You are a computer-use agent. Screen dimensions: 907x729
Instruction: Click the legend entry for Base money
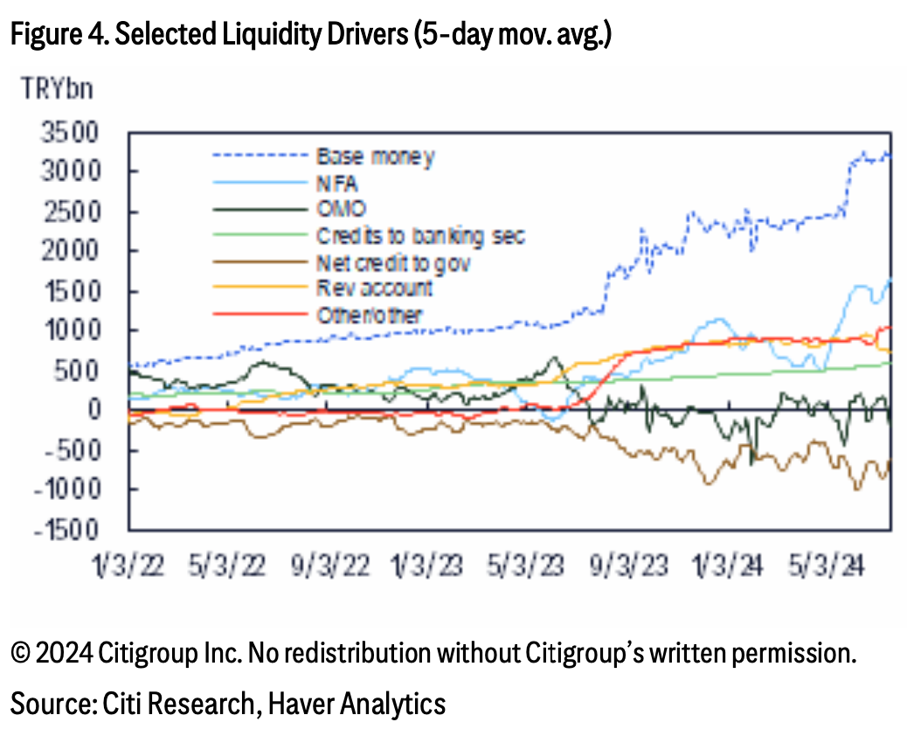376,156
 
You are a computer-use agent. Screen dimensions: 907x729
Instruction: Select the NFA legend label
337,184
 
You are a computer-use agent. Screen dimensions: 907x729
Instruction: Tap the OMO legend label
342,209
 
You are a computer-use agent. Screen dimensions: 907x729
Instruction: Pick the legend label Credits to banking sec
420,236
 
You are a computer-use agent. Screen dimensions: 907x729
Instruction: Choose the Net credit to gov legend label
393,263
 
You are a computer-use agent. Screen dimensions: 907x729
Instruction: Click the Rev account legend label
374,288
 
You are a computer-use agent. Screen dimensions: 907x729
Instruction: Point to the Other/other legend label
369,316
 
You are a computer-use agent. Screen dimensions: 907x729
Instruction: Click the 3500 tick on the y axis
70,133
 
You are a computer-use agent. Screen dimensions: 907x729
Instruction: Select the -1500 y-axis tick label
66,530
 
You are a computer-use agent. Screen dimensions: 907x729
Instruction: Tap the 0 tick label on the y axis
94,410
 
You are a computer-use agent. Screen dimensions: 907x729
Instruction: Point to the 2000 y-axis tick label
70,251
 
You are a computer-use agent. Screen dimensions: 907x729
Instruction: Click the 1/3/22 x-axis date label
128,566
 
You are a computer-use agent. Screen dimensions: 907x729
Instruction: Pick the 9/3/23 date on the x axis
628,566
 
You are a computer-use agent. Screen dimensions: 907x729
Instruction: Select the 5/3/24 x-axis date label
827,566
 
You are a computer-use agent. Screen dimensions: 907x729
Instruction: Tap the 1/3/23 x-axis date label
427,566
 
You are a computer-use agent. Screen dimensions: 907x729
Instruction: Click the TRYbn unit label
57,89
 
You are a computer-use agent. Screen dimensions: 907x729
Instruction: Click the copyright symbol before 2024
21,654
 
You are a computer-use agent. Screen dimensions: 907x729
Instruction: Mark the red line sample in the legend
260,314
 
